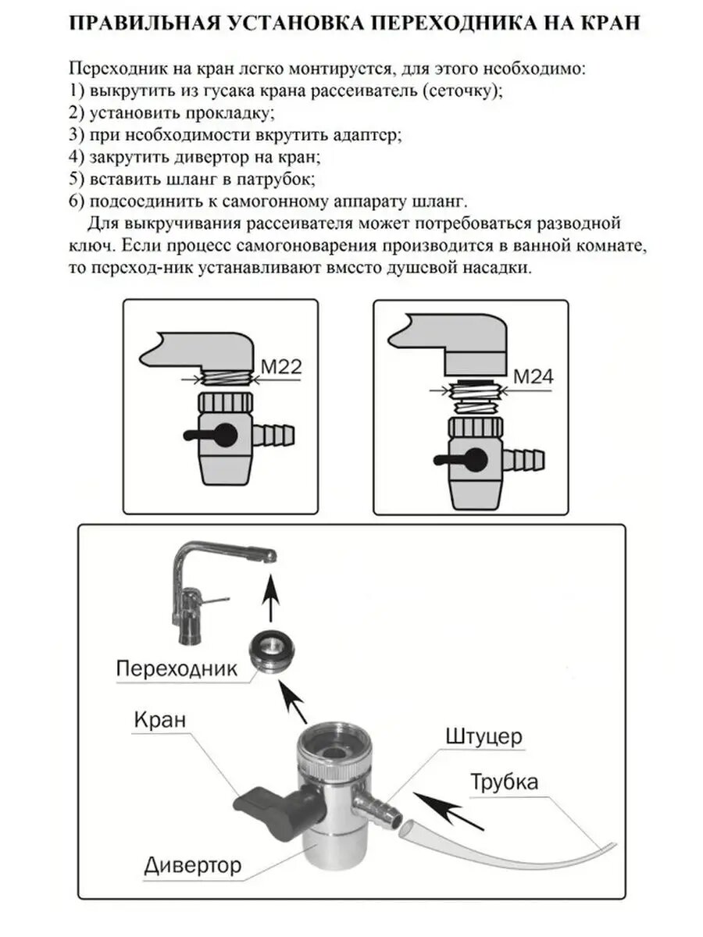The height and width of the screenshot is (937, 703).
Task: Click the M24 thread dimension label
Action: click(533, 376)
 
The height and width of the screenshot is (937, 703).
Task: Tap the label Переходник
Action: click(176, 668)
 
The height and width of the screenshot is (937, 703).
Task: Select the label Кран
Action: click(160, 719)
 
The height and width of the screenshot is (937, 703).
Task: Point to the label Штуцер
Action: click(484, 736)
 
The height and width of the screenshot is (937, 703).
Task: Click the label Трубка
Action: click(504, 781)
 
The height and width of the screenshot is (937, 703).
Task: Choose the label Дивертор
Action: click(193, 864)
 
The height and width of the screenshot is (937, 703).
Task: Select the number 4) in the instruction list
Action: click(77, 157)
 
